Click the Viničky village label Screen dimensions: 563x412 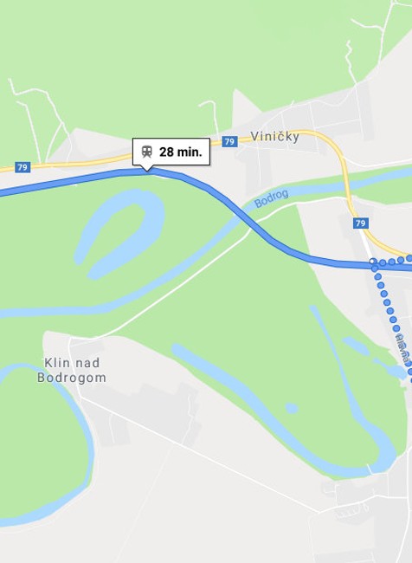pos(274,136)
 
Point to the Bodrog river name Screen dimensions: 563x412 pos(271,198)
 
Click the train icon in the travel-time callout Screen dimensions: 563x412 pos(147,152)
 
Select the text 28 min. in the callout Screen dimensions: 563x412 pos(181,152)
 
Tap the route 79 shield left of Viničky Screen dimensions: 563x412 pos(229,141)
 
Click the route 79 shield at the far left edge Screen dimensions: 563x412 pos(23,166)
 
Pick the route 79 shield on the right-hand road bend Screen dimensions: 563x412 pos(360,223)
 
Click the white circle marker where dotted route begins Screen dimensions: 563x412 pos(372,262)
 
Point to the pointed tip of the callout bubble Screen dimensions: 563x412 pos(148,169)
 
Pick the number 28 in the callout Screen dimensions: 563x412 pos(166,152)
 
